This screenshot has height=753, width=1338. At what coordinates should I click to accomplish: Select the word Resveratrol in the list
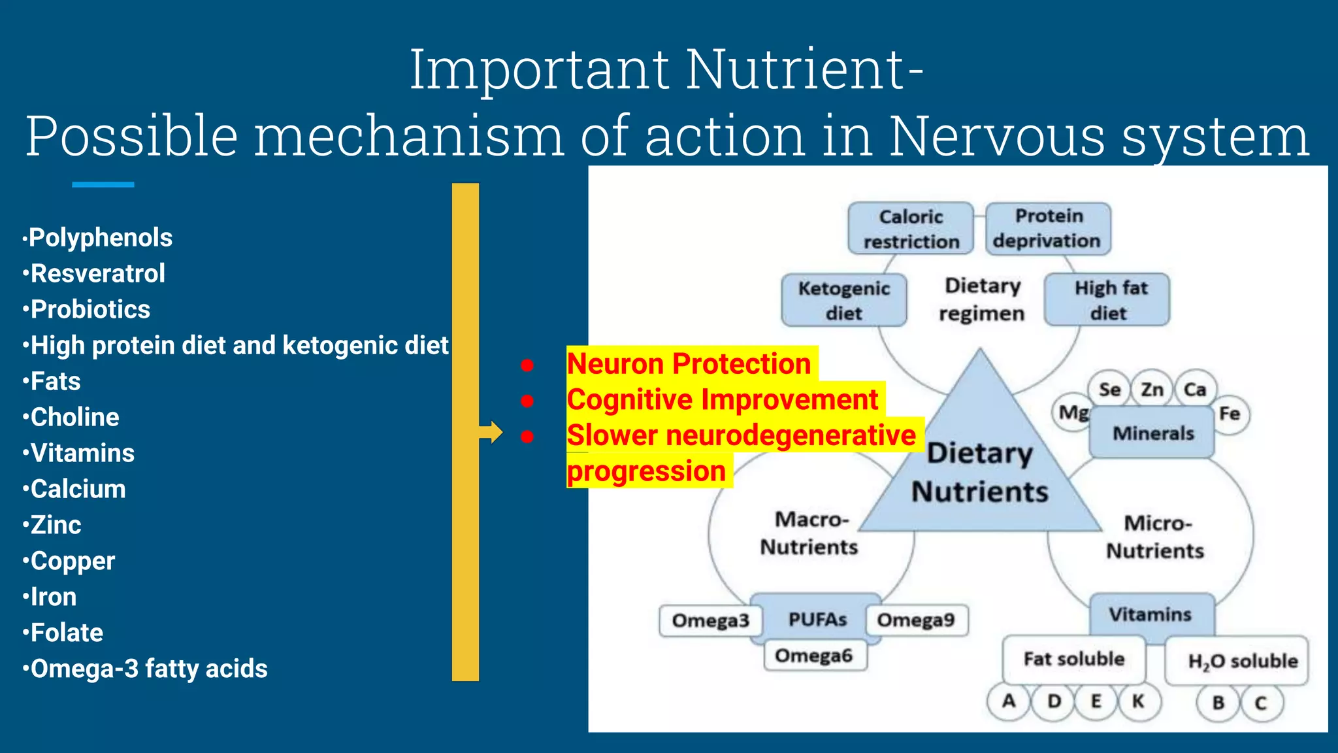[98, 274]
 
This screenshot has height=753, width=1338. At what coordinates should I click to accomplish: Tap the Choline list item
[74, 418]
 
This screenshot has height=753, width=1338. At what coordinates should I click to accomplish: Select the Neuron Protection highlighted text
[689, 364]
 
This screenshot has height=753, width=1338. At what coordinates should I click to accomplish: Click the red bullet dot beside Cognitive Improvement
[527, 401]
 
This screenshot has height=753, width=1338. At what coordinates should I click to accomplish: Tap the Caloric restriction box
[911, 229]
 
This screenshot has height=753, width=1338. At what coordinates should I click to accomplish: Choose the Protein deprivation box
[1048, 228]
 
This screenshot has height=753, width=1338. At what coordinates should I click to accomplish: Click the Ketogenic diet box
[843, 301]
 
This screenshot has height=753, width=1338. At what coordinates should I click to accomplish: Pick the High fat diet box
[1109, 300]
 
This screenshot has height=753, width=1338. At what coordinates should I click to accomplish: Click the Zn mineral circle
[1152, 390]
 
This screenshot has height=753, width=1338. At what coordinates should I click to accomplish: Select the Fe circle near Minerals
[1230, 414]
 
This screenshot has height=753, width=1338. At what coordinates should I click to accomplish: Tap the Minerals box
[1152, 433]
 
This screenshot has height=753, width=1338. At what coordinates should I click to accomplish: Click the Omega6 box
[814, 656]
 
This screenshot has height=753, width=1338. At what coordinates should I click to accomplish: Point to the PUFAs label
[817, 619]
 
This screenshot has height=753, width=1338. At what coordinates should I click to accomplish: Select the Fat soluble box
[1074, 659]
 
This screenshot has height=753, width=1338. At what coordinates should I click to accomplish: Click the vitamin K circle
[1138, 701]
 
